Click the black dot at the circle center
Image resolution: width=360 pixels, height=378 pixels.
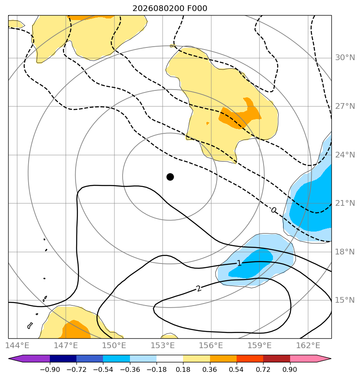pos(170,177)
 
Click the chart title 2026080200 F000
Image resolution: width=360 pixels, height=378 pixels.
pos(170,9)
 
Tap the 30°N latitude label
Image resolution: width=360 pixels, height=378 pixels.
pos(345,58)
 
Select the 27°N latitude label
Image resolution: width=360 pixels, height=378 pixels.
pos(345,106)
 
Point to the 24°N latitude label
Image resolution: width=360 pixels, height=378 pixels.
pos(345,155)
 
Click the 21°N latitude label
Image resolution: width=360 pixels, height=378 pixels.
pos(345,203)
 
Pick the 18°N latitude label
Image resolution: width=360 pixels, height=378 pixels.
pos(345,252)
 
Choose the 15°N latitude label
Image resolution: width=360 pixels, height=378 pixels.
pos(345,300)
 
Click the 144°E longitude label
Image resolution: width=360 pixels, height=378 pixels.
pos(17,345)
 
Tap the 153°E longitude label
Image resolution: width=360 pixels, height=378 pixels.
pos(163,345)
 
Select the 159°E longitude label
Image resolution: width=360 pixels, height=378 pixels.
pos(259,345)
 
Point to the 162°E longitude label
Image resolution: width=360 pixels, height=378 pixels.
pos(308,345)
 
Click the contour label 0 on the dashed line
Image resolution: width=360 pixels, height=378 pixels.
pos(273,210)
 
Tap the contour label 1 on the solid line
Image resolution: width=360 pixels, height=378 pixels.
pos(239,263)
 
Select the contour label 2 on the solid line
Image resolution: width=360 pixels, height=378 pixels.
pos(199,288)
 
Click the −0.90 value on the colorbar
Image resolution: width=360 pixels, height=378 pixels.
pos(50,369)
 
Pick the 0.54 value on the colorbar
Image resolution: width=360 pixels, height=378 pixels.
pos(237,369)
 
